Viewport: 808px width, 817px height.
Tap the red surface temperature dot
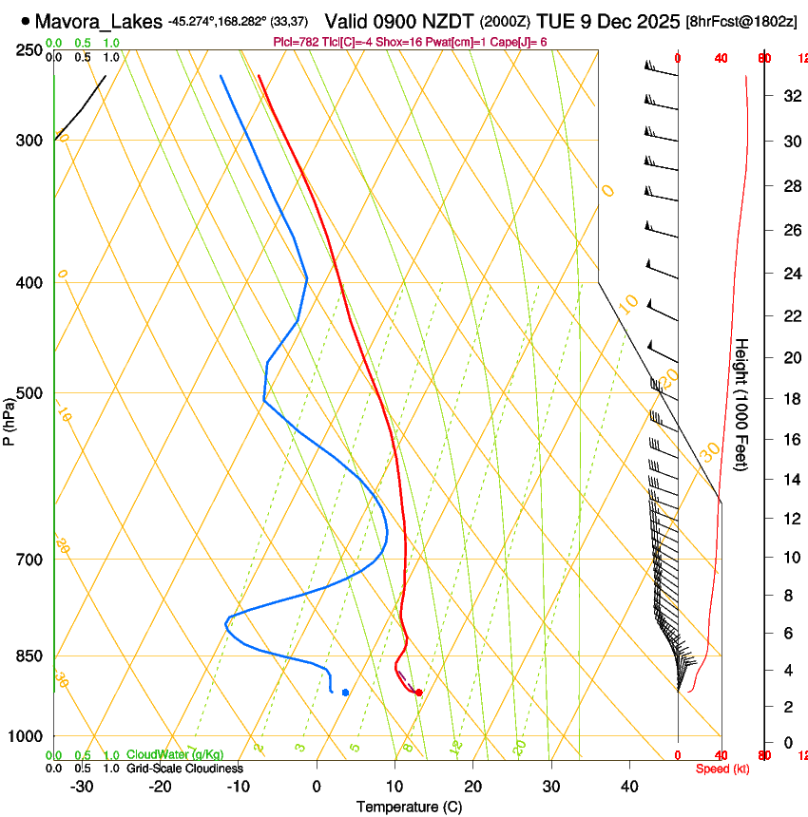[x=418, y=693]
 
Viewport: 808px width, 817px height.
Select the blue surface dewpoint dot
[x=345, y=693]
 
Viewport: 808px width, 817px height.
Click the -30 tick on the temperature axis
[x=82, y=786]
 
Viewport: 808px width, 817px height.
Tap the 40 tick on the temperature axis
[x=629, y=786]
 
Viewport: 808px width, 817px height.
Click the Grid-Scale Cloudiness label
[x=184, y=769]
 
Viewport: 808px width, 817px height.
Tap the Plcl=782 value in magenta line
[x=296, y=42]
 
